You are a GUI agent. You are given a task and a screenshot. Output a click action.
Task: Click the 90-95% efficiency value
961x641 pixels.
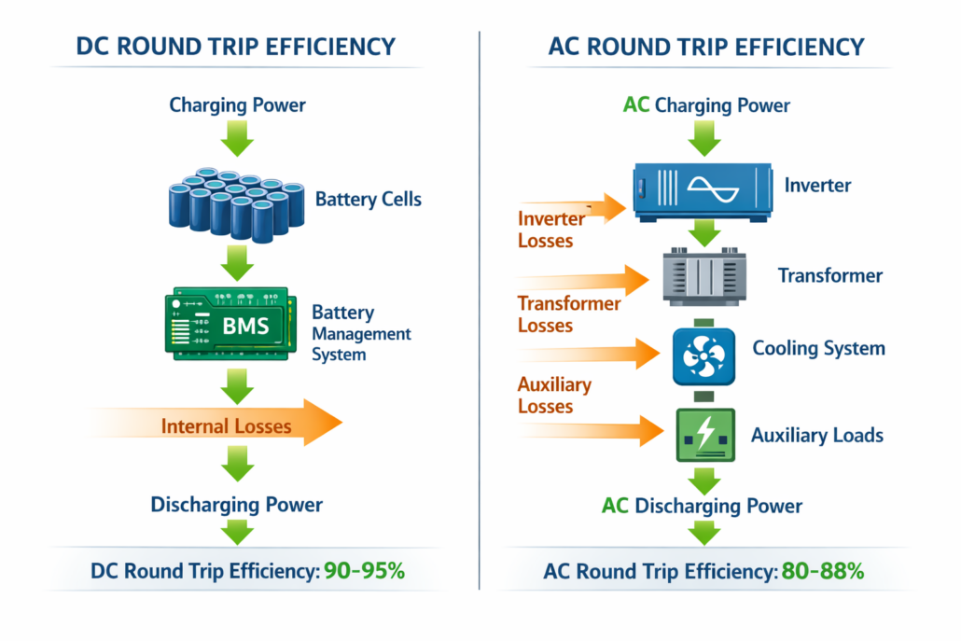[364, 571]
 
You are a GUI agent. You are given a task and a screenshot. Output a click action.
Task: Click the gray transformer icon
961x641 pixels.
[704, 276]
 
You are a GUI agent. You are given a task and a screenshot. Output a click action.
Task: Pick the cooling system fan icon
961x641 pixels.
[704, 355]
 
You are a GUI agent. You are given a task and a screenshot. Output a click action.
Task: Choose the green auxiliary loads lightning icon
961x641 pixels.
[704, 435]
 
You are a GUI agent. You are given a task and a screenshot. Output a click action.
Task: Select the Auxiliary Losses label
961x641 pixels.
[554, 396]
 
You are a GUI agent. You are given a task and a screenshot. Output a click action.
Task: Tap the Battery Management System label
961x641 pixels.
[360, 333]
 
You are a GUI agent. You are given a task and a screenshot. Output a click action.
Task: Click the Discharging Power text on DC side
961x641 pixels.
[237, 505]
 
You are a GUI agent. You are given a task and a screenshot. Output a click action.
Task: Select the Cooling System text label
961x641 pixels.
[818, 349]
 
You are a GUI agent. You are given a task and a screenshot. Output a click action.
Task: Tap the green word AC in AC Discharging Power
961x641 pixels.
[615, 506]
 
